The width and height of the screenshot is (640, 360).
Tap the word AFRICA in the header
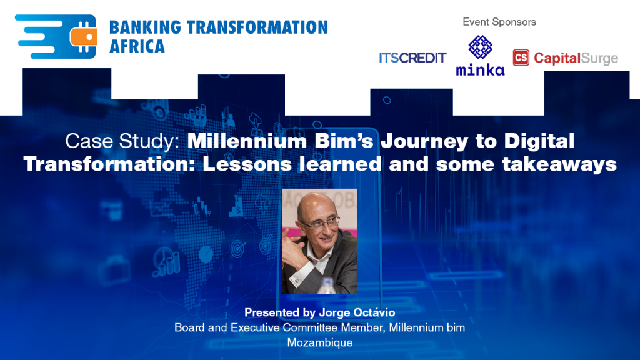pos(137,46)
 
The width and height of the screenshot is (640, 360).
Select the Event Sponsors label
pos(499,22)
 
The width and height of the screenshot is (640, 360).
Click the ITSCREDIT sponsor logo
pos(412,58)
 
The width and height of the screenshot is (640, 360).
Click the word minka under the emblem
pos(480,69)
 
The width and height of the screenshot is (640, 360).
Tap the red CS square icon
pos(521,58)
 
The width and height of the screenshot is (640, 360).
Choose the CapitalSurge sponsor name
pos(576,58)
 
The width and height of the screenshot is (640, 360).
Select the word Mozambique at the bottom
pos(319,342)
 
